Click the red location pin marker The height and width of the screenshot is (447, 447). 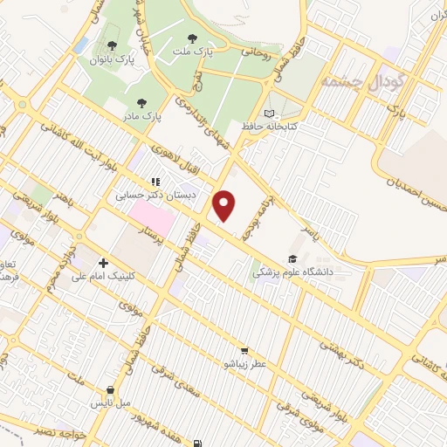point(225,205)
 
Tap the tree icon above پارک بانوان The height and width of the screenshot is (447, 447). point(111,46)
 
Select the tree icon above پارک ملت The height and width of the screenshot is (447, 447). point(193,38)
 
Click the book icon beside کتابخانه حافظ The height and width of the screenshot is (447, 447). point(269,113)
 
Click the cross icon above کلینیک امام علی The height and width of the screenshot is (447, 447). point(104,263)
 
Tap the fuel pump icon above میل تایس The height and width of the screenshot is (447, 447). point(110,390)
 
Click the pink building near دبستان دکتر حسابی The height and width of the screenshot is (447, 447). point(146,213)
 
